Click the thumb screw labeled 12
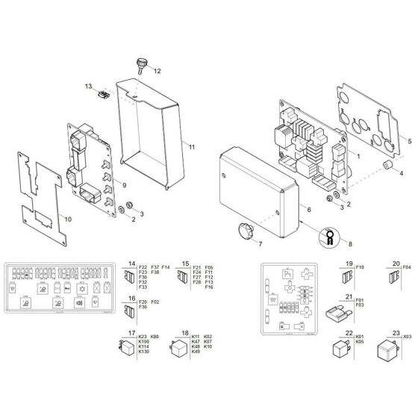pos(141,66)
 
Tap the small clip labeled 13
pos(104,94)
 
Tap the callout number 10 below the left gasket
pos(68,219)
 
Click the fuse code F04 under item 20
pos(407,266)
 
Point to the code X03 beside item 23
pos(408,337)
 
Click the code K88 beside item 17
pos(156,337)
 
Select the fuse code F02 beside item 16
pos(155,301)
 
